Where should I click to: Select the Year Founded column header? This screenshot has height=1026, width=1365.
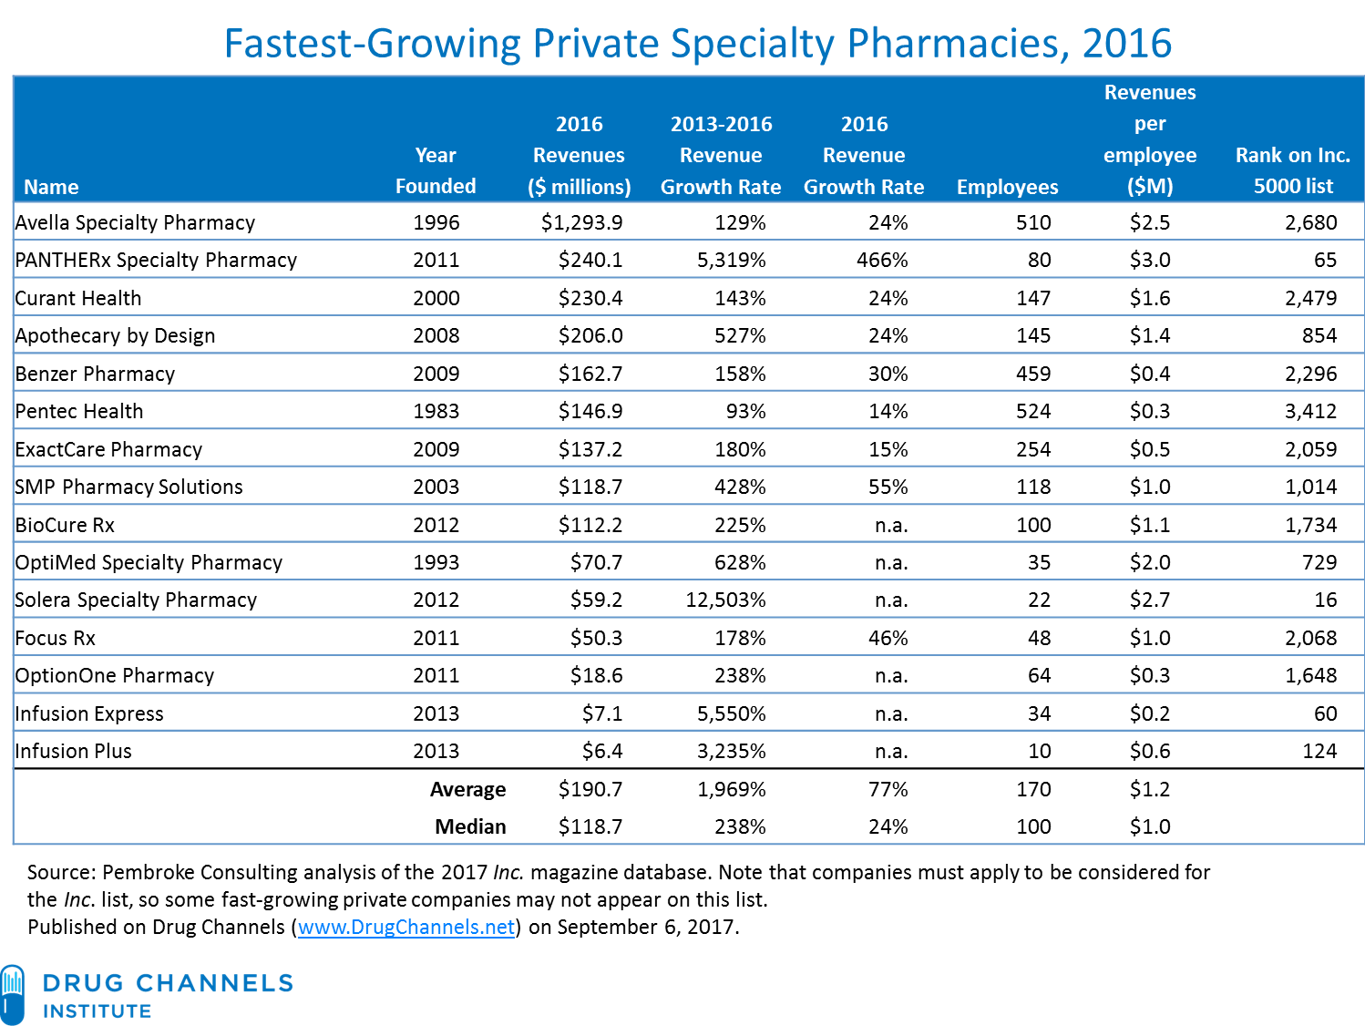point(436,170)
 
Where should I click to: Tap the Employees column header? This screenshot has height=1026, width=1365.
point(1007,187)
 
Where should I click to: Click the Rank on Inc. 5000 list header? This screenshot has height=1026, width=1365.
point(1292,170)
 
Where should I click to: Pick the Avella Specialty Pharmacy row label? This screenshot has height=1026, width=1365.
point(135,222)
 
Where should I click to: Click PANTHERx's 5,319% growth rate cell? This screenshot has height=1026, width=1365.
point(731,261)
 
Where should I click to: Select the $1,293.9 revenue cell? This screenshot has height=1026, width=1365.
point(581,222)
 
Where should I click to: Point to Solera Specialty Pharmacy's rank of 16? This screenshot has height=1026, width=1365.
point(1325,600)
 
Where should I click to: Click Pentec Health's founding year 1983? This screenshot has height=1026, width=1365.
point(436,412)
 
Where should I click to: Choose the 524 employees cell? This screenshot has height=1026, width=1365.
point(1033,412)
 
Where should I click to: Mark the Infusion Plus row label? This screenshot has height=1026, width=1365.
point(74,752)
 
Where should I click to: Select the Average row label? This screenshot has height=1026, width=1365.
point(467,790)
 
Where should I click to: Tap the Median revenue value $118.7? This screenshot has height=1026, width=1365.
point(590,827)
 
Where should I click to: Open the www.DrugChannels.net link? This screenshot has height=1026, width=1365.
point(406,928)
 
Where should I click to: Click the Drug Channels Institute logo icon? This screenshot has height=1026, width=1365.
point(13,993)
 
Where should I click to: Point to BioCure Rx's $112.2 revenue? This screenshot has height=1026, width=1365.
point(590,526)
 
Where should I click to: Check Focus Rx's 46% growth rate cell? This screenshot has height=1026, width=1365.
point(888,639)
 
